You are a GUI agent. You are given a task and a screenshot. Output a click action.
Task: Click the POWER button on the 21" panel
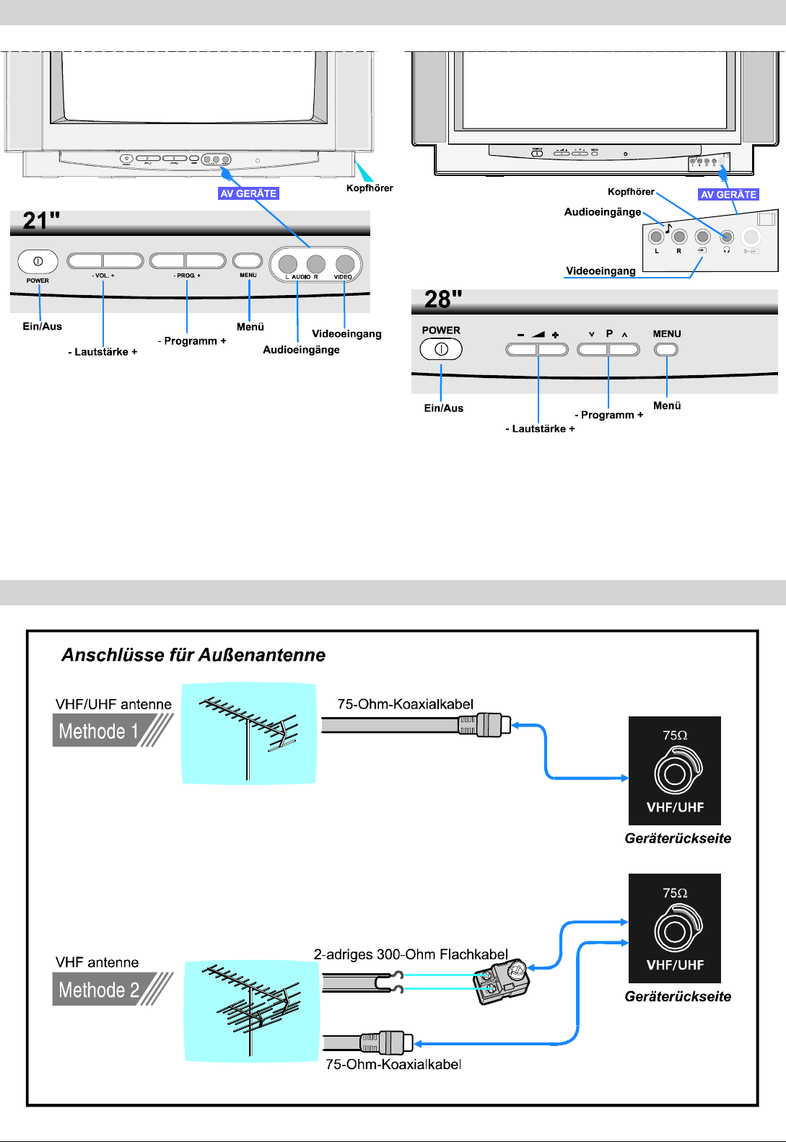coord(38,261)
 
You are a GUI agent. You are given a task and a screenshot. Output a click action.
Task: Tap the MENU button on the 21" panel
coord(248,260)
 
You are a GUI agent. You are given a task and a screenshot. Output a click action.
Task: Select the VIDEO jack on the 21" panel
coord(345,264)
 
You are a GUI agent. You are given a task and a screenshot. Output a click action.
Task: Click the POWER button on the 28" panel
coord(441,349)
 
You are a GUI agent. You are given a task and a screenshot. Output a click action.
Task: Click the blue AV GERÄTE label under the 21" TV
coord(248,193)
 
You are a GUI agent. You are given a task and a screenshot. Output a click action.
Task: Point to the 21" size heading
coord(41,221)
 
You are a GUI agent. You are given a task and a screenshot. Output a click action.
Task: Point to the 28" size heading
coord(442,299)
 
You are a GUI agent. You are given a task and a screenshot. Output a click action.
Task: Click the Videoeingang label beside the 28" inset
coord(601,271)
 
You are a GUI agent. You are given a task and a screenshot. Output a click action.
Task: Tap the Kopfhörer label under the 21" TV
coord(370,188)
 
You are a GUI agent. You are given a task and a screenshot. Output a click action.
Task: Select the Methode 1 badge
coord(99,731)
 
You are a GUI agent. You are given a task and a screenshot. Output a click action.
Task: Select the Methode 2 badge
coord(100,990)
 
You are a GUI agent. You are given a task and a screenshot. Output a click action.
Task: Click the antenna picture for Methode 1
coord(249,733)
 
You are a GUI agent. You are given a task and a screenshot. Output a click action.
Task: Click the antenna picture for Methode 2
coord(252,1011)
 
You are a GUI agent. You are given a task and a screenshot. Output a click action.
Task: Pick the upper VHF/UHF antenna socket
coord(675,773)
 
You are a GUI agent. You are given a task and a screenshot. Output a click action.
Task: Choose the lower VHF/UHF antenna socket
coord(675,931)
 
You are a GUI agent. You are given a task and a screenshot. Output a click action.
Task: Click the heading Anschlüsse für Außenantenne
coord(193,655)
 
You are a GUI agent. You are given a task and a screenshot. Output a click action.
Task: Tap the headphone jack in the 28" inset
coord(727,237)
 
